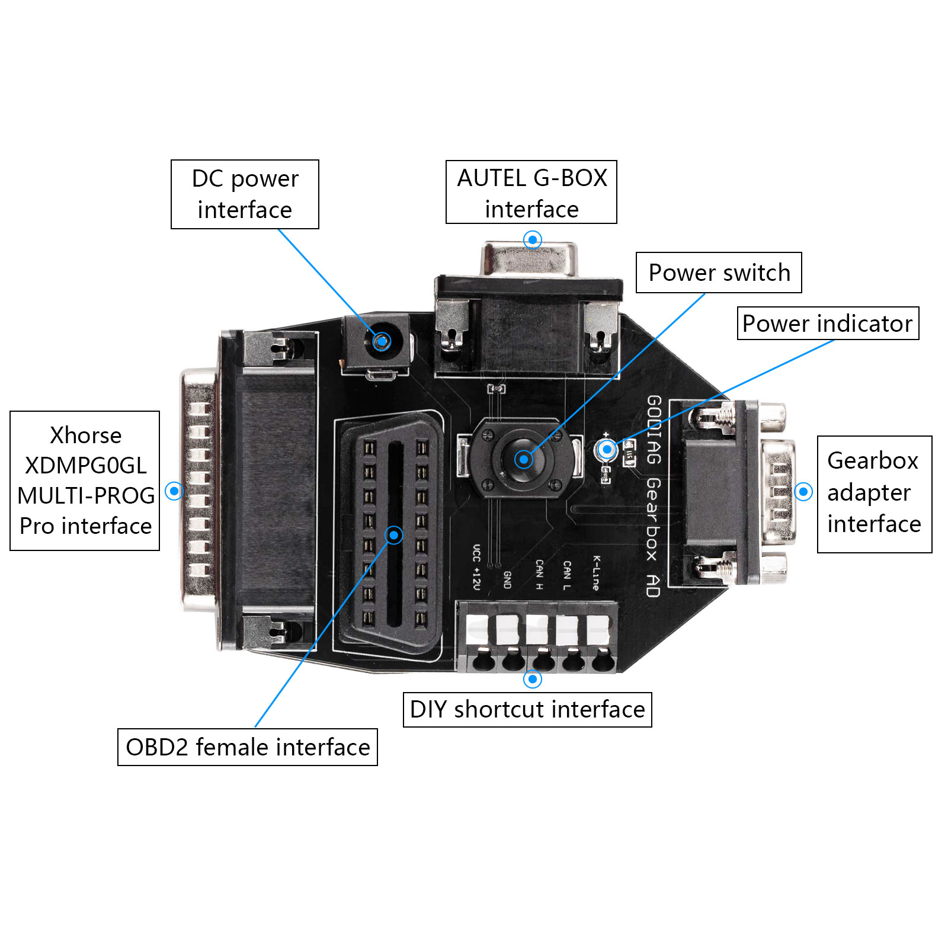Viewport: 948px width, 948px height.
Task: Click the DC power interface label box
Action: pyautogui.click(x=245, y=194)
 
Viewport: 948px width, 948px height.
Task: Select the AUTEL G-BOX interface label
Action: pyautogui.click(x=531, y=193)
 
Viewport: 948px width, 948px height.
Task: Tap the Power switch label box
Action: pyautogui.click(x=719, y=273)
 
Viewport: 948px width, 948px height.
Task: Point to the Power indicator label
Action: pyautogui.click(x=828, y=324)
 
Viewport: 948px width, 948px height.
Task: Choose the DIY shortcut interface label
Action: pyautogui.click(x=527, y=710)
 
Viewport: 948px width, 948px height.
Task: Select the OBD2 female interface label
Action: pyautogui.click(x=248, y=747)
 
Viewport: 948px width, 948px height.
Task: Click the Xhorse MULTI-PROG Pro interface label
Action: pyautogui.click(x=85, y=481)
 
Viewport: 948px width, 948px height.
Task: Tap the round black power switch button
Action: pyautogui.click(x=523, y=459)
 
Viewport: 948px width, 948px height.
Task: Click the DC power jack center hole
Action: pyautogui.click(x=382, y=341)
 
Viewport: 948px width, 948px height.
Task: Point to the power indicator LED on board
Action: pyautogui.click(x=607, y=449)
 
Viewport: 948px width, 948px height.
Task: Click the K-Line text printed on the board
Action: pyautogui.click(x=596, y=573)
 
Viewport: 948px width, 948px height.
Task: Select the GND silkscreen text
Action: pyautogui.click(x=507, y=579)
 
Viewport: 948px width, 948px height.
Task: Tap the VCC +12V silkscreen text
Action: pyautogui.click(x=476, y=567)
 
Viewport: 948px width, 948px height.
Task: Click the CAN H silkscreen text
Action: pyautogui.click(x=539, y=574)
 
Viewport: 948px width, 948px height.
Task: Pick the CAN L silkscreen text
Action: pyautogui.click(x=567, y=575)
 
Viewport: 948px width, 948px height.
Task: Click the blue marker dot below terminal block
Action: pyautogui.click(x=533, y=679)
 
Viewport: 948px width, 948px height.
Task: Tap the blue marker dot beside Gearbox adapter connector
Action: pyautogui.click(x=803, y=491)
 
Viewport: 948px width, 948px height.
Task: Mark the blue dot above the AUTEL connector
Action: pyautogui.click(x=533, y=240)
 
